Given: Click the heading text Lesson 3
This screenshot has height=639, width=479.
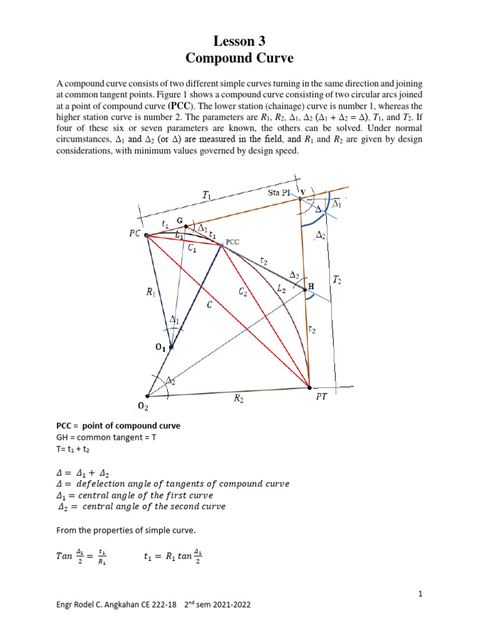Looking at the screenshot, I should click(239, 42).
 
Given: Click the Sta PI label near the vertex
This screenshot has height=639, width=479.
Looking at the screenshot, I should click(277, 193).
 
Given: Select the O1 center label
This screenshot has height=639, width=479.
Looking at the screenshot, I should click(161, 349).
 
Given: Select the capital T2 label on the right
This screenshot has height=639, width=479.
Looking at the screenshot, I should click(337, 281).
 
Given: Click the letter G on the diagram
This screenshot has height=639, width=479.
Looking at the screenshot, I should click(180, 221).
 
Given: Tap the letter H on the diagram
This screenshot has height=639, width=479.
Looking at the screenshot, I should click(311, 286).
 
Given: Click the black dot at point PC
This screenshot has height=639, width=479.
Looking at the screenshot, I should click(147, 235).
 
